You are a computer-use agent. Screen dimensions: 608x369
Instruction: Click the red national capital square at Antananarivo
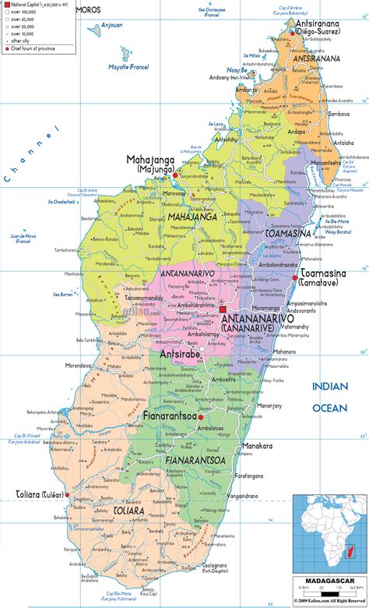coord(223,310)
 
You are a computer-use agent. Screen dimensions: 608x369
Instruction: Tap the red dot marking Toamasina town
coord(294,277)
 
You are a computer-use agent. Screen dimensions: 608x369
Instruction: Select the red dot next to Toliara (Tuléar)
coord(68,494)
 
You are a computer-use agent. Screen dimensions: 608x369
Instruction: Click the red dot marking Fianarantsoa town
coord(200,417)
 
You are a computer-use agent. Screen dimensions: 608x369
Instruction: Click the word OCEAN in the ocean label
coord(330,407)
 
